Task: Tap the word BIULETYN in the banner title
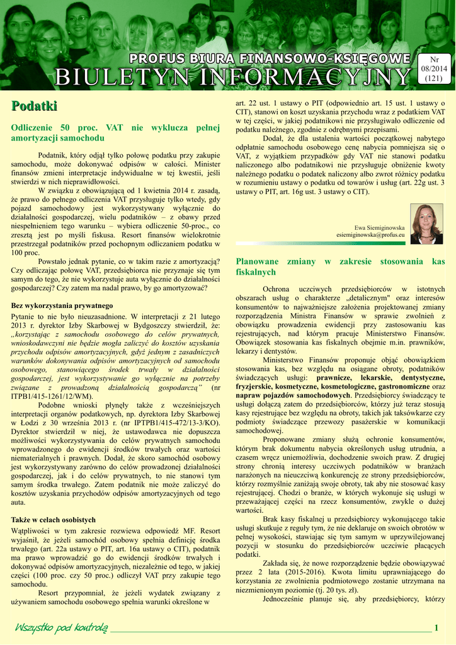click(112, 77)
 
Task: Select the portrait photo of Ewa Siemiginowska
click(426, 224)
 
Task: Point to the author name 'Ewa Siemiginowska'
click(380, 227)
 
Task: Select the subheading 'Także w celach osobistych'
click(54, 520)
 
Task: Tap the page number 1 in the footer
click(436, 627)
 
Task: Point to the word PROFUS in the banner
click(156, 59)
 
